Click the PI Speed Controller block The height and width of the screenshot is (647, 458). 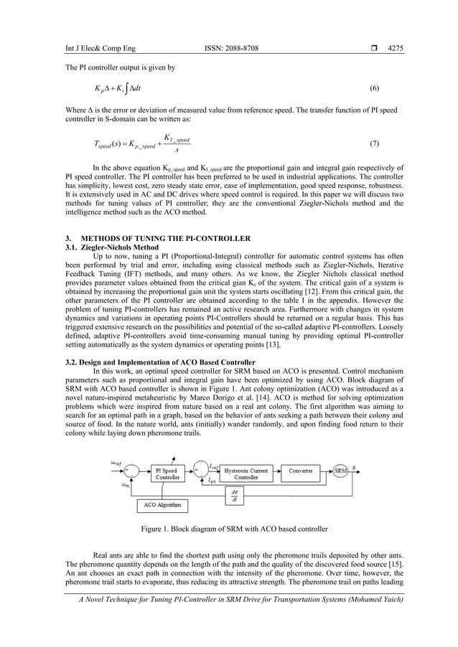168,474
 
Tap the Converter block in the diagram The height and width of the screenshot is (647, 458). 300,471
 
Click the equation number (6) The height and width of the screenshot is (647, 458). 374,88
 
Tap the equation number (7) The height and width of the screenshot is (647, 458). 374,143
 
